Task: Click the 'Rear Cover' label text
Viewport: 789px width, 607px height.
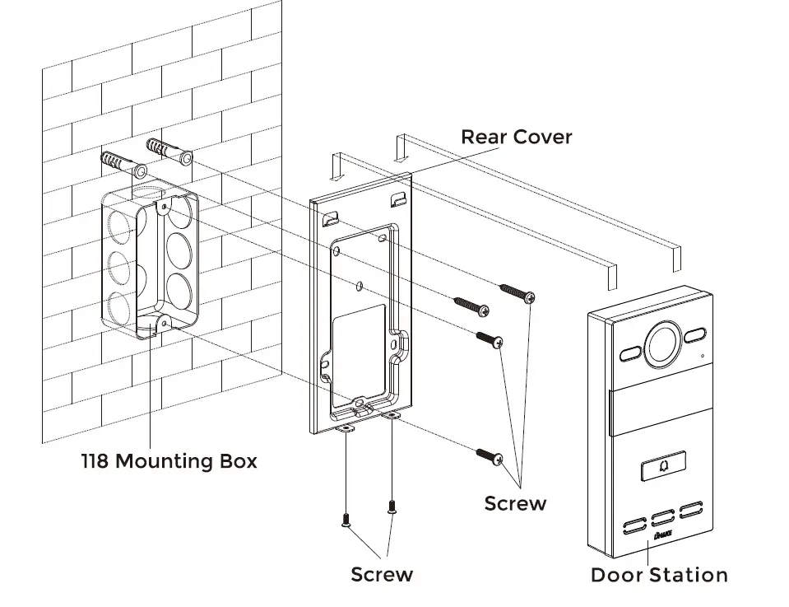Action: click(516, 137)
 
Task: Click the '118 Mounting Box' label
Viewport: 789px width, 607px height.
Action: click(169, 460)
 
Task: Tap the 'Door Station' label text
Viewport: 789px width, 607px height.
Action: click(659, 575)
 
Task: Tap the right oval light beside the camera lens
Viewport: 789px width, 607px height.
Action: click(694, 336)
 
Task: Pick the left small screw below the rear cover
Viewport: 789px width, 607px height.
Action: click(346, 519)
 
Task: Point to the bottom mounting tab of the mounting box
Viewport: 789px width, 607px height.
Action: click(160, 323)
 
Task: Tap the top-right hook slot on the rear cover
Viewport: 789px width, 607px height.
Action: click(397, 198)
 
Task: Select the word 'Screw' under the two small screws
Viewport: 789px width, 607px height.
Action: click(382, 574)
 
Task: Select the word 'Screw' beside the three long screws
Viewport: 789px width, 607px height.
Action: click(515, 502)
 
